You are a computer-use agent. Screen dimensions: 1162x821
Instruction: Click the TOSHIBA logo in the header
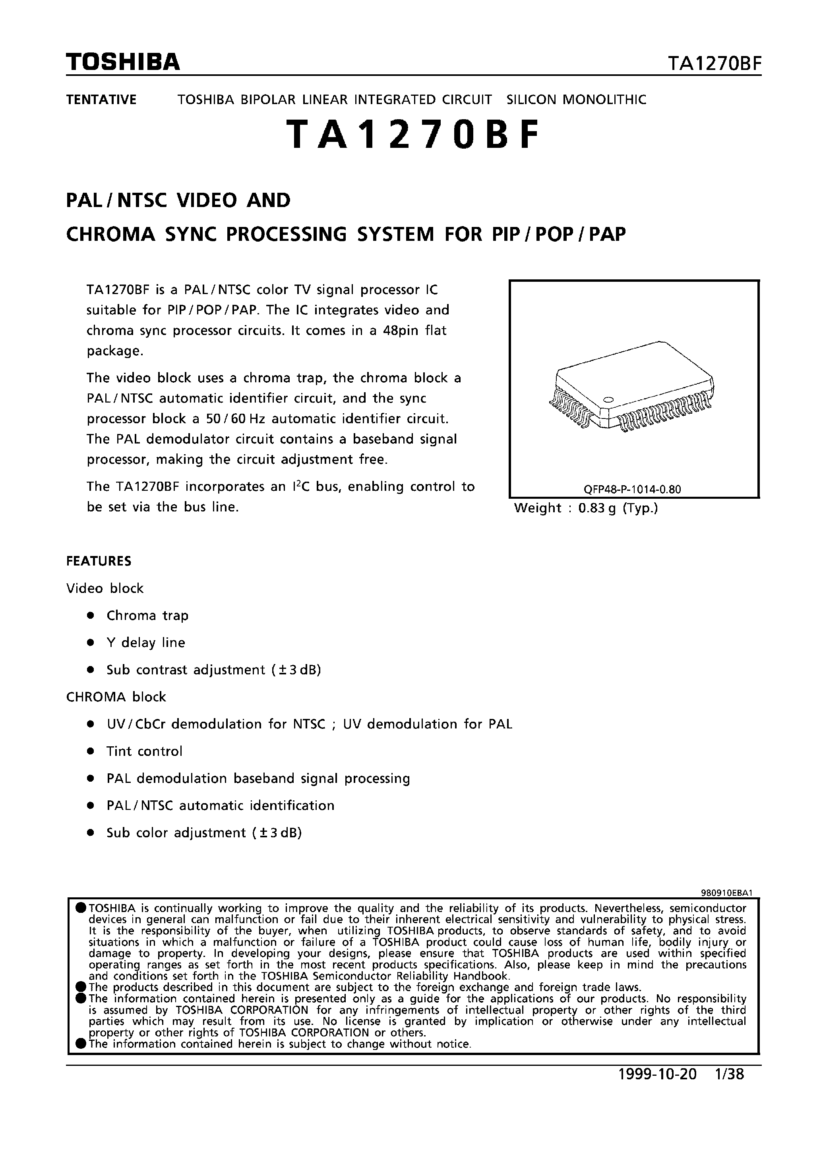pyautogui.click(x=123, y=62)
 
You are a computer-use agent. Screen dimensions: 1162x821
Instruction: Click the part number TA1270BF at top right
pyautogui.click(x=714, y=64)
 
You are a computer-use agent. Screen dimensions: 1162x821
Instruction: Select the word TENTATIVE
pyautogui.click(x=101, y=100)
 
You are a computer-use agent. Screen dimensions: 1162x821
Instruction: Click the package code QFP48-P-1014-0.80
pyautogui.click(x=632, y=489)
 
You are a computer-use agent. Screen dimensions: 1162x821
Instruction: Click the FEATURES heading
pyautogui.click(x=99, y=561)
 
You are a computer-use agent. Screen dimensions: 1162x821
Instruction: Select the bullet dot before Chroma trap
pyautogui.click(x=91, y=616)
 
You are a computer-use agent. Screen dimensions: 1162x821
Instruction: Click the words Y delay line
pyautogui.click(x=146, y=643)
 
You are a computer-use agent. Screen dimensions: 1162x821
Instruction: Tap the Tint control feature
pyautogui.click(x=144, y=751)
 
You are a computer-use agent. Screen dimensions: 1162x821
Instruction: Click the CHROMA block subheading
pyautogui.click(x=116, y=697)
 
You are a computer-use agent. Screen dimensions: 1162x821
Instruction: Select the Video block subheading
pyautogui.click(x=105, y=589)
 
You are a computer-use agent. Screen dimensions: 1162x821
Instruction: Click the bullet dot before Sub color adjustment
pyautogui.click(x=91, y=833)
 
